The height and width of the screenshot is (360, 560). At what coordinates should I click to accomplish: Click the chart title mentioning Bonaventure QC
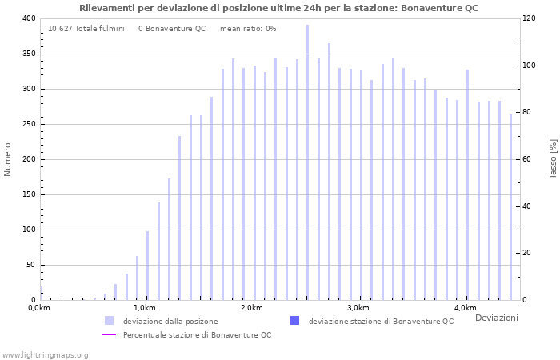click(279, 8)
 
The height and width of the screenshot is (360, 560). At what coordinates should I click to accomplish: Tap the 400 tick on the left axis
click(28, 18)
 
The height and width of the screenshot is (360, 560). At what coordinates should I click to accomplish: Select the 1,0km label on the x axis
click(144, 308)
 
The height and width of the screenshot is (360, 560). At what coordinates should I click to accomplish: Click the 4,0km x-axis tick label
click(465, 308)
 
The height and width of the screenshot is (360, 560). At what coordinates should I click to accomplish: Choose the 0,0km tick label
click(38, 308)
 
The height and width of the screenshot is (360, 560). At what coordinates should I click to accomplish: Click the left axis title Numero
click(8, 159)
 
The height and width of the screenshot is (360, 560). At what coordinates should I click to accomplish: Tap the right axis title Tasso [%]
click(553, 159)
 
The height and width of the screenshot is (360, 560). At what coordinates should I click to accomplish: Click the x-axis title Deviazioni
click(496, 318)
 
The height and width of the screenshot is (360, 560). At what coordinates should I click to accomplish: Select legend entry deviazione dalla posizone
click(170, 321)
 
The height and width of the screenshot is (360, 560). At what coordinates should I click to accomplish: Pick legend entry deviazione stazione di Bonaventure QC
click(381, 321)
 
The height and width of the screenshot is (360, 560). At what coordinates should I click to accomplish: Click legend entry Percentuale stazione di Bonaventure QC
click(197, 334)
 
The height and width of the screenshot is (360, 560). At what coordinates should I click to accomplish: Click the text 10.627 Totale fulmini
click(86, 29)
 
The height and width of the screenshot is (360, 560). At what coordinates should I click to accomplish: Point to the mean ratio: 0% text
click(248, 29)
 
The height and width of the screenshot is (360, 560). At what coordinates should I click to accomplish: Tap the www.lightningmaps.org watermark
click(46, 354)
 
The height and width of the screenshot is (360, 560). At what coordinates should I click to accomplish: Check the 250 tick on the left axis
click(28, 124)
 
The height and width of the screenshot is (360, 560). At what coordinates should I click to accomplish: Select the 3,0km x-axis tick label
click(358, 308)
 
